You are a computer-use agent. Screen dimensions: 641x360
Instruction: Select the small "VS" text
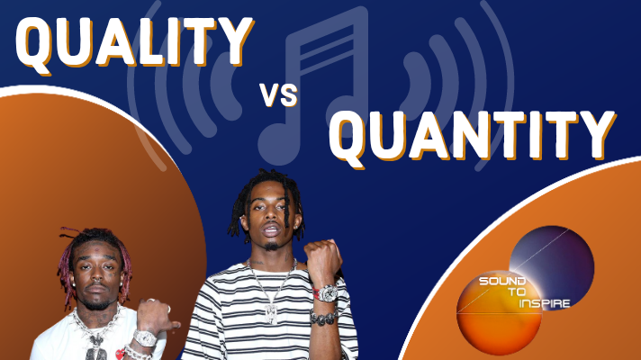coord(278,95)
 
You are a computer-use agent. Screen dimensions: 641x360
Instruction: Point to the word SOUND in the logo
coord(502,281)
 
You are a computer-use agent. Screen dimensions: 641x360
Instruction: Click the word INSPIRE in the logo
coord(545,303)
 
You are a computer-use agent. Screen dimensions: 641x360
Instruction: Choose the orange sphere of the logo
coord(499,312)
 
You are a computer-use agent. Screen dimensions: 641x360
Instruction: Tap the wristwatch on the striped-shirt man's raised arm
coord(326,293)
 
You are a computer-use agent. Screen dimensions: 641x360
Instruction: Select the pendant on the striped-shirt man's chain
coord(271,313)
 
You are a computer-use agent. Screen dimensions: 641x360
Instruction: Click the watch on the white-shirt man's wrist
coord(145,337)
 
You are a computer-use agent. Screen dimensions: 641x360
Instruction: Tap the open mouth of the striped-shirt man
coord(271,230)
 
